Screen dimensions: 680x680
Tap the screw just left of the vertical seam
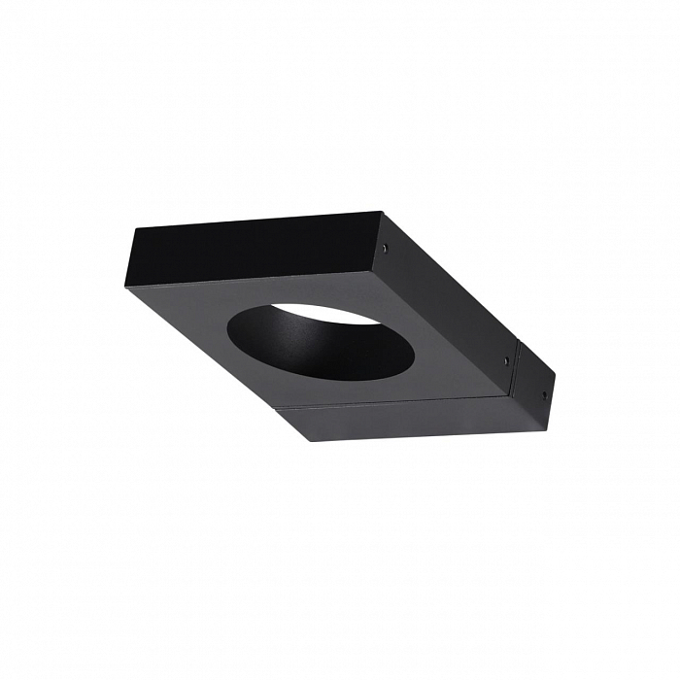[x=506, y=360]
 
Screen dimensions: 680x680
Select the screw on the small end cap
[x=543, y=394]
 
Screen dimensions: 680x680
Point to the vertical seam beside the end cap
[x=515, y=369]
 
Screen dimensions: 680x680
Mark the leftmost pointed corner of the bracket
[x=126, y=286]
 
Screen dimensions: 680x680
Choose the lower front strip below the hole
[x=408, y=418]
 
